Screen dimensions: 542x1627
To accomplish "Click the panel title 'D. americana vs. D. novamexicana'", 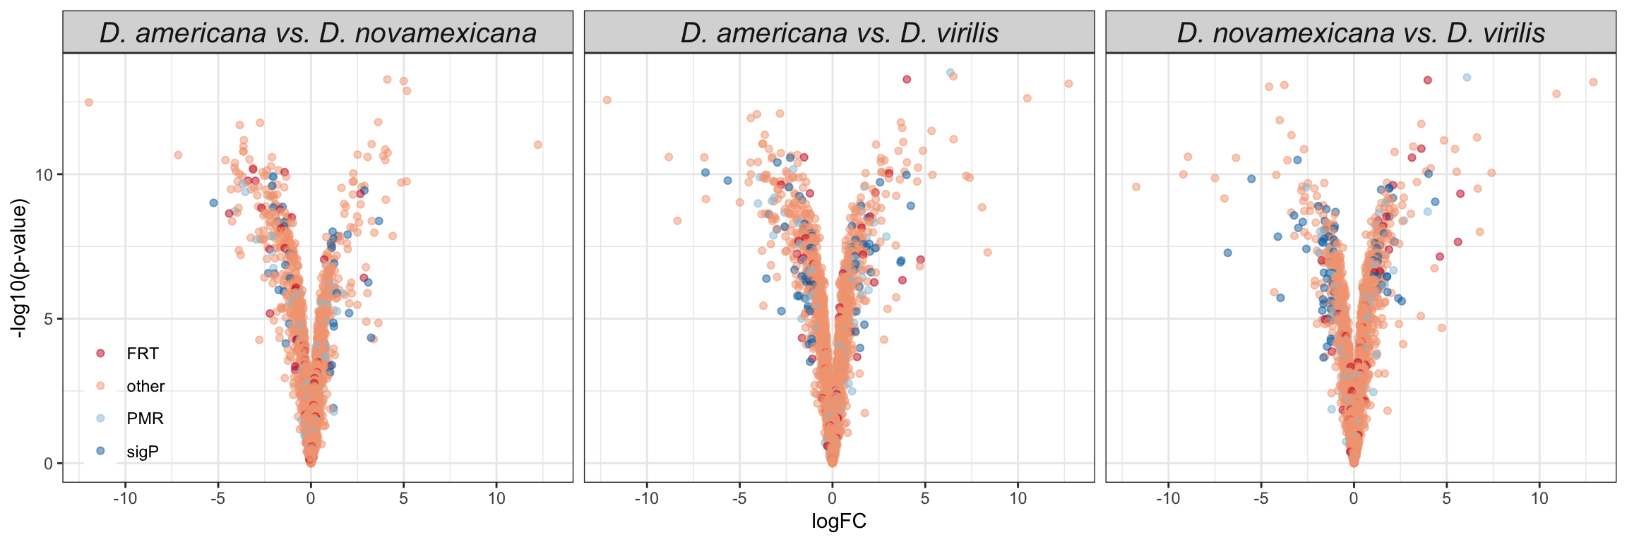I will pos(318,33).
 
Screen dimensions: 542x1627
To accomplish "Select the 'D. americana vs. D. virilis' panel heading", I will pos(839,33).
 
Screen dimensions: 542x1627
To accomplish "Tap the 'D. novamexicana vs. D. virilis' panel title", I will pos(1361,33).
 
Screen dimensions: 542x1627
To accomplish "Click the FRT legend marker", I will pos(100,354).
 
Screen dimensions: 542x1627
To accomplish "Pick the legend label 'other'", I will pos(145,386).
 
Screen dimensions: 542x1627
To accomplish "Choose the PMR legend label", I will pos(145,418).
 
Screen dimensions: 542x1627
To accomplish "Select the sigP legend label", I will pos(143,452).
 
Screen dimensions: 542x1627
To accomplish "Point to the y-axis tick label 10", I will pos(44,174).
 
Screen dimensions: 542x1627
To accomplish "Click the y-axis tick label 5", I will pos(49,319).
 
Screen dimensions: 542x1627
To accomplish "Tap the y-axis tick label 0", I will pos(49,464).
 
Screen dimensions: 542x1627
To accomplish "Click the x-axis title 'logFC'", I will pos(839,522).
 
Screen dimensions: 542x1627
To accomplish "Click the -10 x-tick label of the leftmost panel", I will pos(125,498).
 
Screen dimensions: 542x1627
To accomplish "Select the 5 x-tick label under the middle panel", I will pos(925,498).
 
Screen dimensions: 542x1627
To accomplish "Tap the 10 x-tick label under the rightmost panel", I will pos(1539,498).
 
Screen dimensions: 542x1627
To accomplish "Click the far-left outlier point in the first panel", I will pos(89,102).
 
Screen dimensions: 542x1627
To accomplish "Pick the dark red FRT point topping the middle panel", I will pos(907,80).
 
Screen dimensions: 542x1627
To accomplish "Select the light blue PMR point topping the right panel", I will pos(1467,78).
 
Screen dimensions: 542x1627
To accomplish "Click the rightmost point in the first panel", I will pos(538,145).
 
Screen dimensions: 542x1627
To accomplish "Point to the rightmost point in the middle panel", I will pos(1068,84).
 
